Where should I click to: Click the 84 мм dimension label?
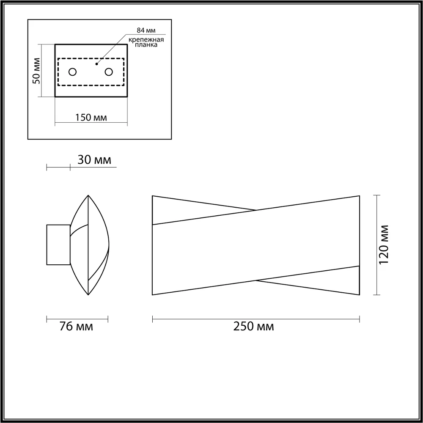point(146,30)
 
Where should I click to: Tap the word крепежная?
point(146,40)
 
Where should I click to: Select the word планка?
point(146,45)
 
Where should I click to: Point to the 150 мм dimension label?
point(91,118)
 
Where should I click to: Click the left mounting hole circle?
point(73,72)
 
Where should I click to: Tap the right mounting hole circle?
point(109,72)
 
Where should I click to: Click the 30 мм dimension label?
point(94,160)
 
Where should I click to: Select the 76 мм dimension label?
point(76,327)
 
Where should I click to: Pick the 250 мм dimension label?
point(253,327)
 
